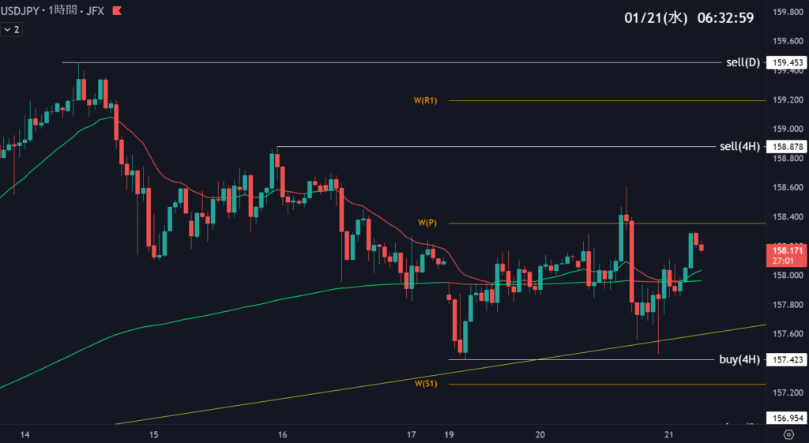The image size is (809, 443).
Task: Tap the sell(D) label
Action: point(743,62)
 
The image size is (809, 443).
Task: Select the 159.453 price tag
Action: point(786,63)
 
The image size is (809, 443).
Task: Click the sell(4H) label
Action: point(739,147)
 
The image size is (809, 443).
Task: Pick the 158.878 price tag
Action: point(786,147)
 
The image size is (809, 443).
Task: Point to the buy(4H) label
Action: point(739,359)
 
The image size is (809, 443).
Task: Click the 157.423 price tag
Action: point(786,360)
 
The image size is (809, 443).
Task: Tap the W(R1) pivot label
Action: point(425,100)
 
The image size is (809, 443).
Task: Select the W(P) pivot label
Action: point(427,223)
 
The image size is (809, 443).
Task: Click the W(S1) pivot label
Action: point(426,384)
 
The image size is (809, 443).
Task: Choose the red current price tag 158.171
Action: point(786,254)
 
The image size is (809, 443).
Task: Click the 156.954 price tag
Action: point(786,418)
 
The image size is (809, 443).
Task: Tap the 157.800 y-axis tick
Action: point(787,305)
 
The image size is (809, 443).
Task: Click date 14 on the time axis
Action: point(24,434)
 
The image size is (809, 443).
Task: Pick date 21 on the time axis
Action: point(669,434)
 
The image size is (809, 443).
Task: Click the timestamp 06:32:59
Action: point(724,17)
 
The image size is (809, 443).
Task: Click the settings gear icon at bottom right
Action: point(788,434)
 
